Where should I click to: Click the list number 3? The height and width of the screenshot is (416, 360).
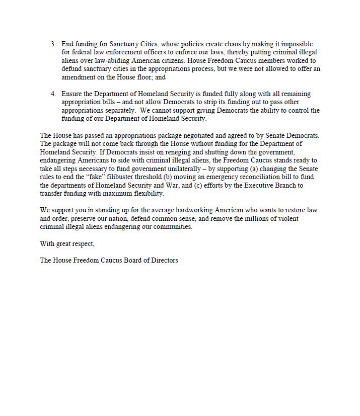tap(53, 44)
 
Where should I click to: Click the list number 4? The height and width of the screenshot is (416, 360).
tap(53, 94)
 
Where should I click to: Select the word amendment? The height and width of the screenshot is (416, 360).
tap(79, 77)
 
